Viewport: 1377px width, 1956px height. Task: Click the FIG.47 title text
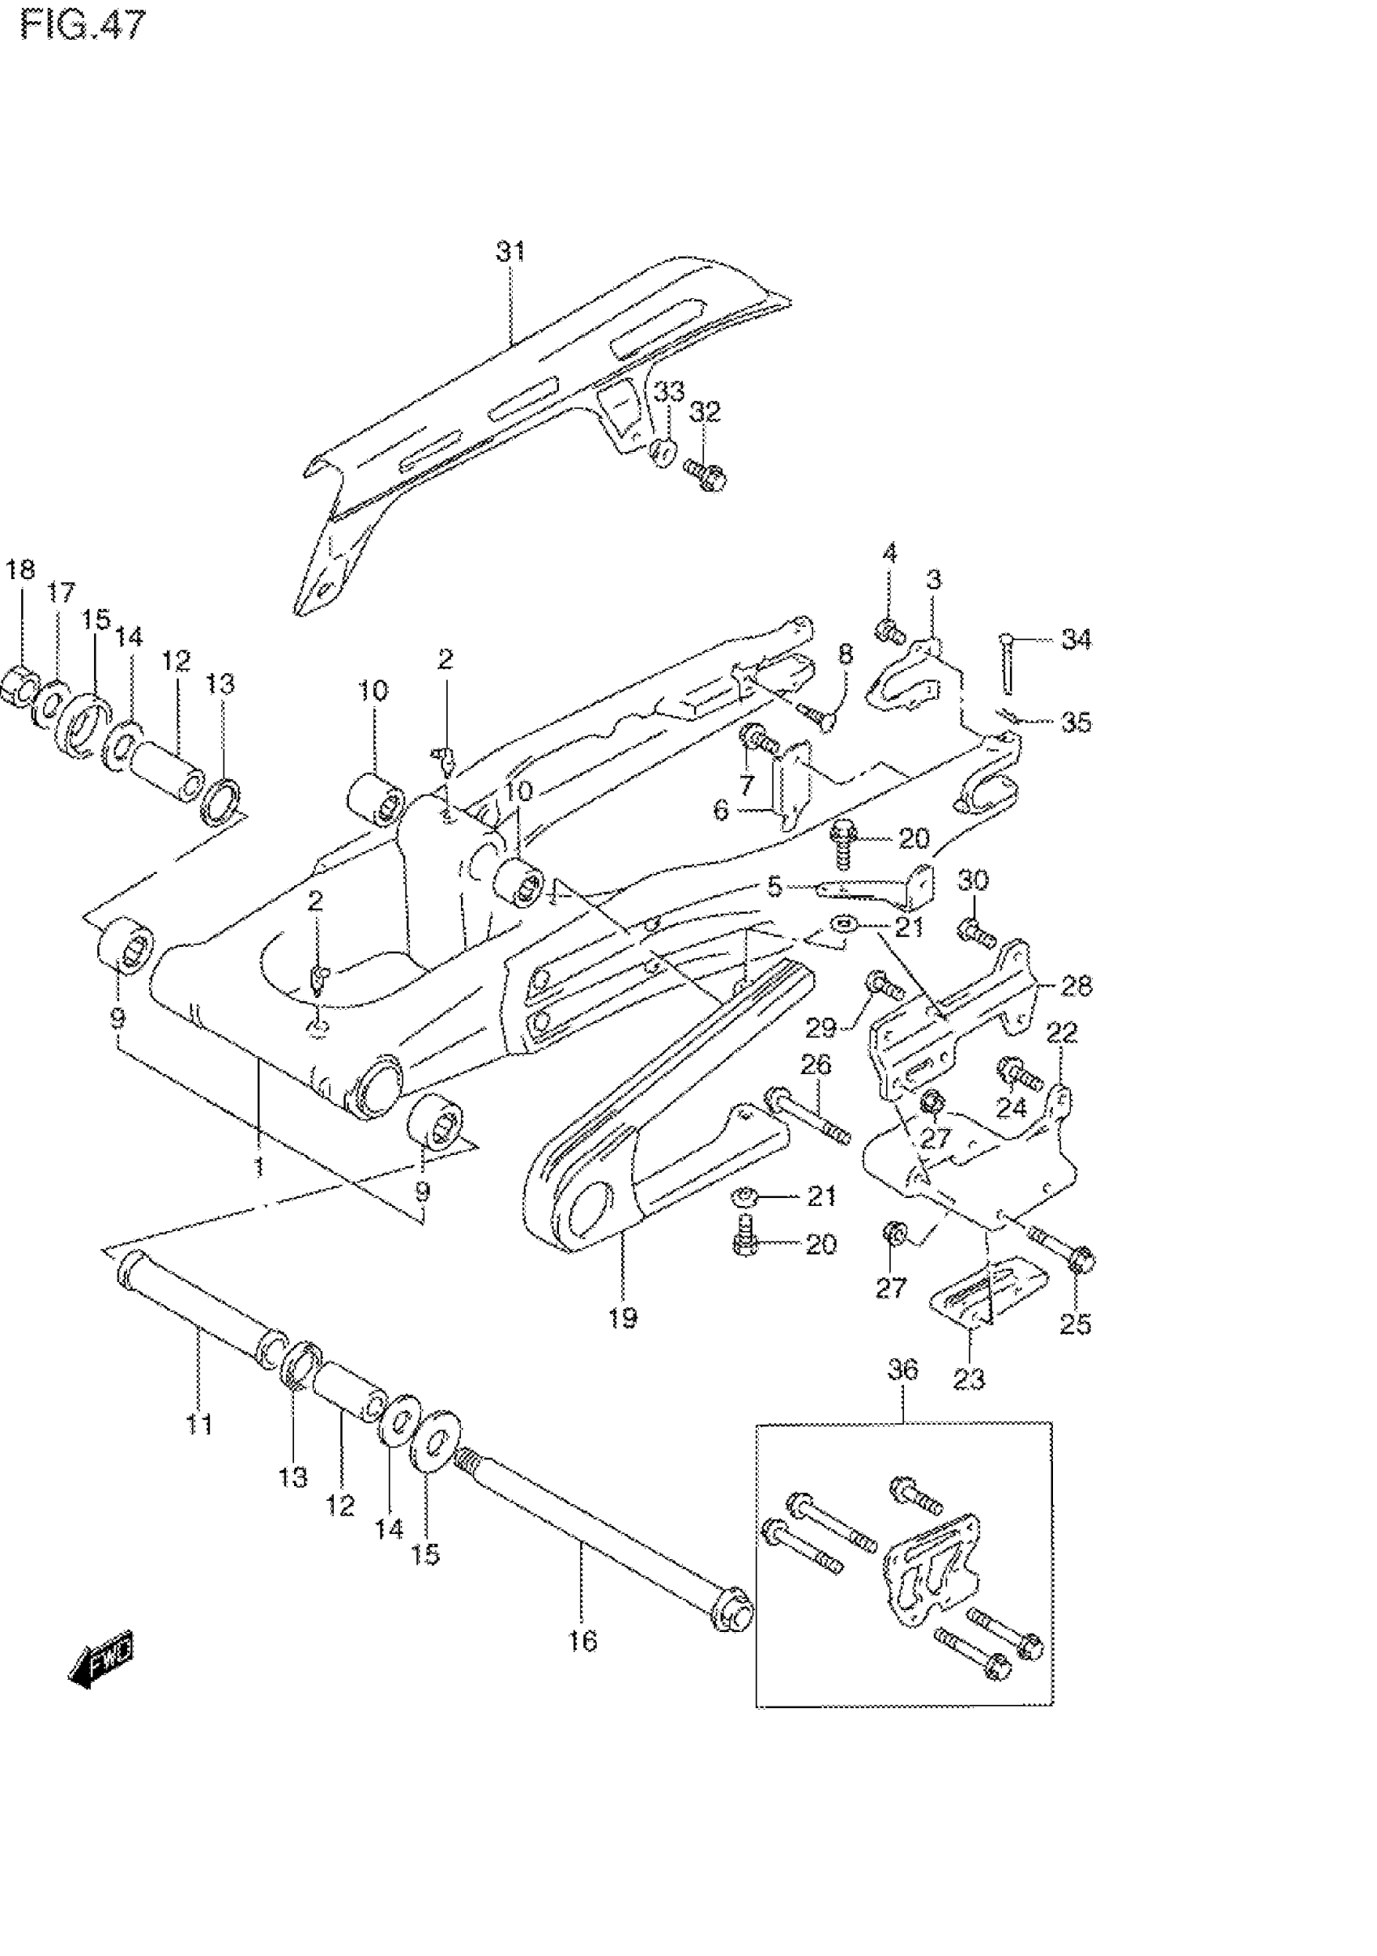(83, 26)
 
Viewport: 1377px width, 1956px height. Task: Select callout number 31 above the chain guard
(510, 252)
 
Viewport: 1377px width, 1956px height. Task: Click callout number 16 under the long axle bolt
(583, 1641)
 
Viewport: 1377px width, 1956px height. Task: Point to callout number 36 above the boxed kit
(903, 1370)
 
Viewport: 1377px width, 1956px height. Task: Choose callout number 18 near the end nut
(20, 569)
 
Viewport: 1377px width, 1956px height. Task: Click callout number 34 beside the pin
(1076, 639)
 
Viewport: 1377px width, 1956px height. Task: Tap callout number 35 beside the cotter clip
(1076, 722)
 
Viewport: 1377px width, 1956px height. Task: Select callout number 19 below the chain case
(623, 1318)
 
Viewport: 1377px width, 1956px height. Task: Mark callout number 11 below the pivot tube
(198, 1424)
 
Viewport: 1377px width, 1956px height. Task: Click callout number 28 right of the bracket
(1076, 987)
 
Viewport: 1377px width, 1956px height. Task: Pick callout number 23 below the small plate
(968, 1379)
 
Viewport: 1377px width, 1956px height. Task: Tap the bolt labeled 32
(705, 474)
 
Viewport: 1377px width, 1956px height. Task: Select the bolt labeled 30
(976, 933)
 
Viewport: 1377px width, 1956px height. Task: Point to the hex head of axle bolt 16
(731, 1617)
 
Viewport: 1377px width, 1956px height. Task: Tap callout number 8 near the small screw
(845, 654)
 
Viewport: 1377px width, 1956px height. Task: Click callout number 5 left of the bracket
(774, 887)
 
